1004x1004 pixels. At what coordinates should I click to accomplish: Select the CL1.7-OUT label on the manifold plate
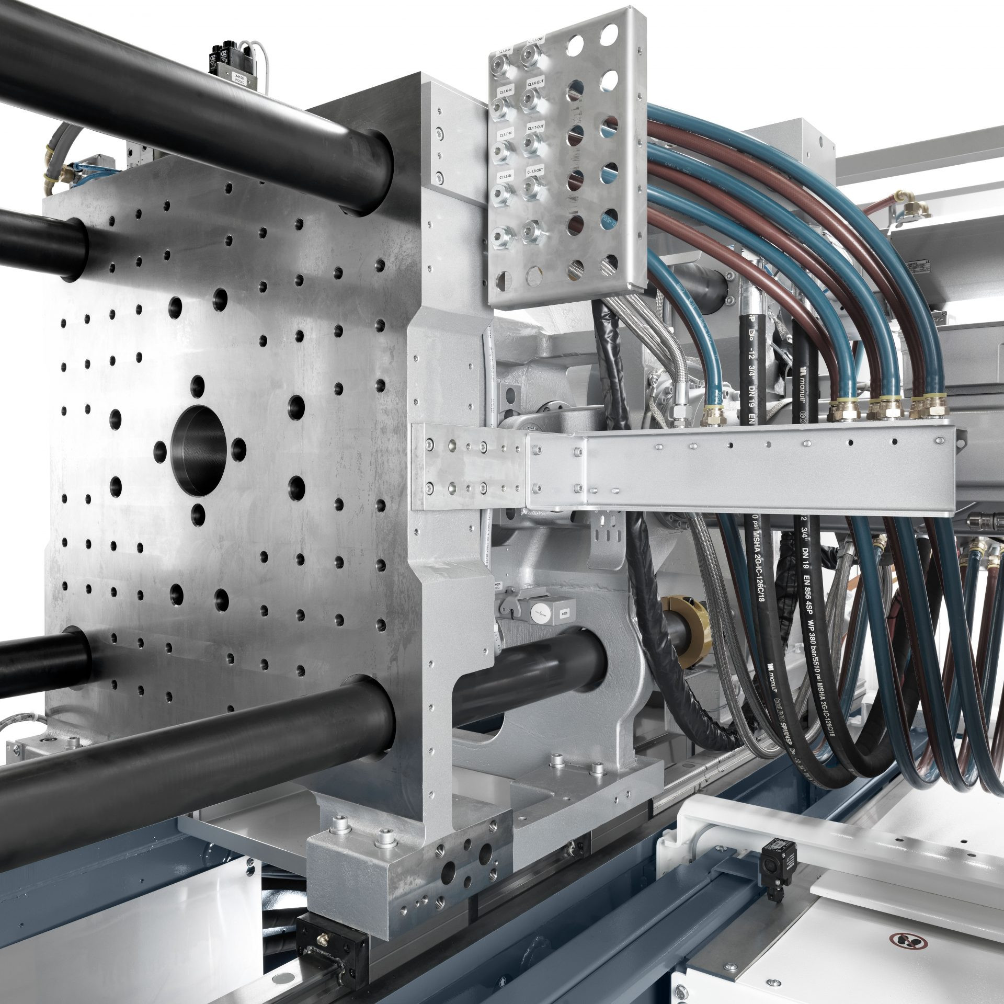point(535,128)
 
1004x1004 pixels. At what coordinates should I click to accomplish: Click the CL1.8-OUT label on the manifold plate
point(535,171)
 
